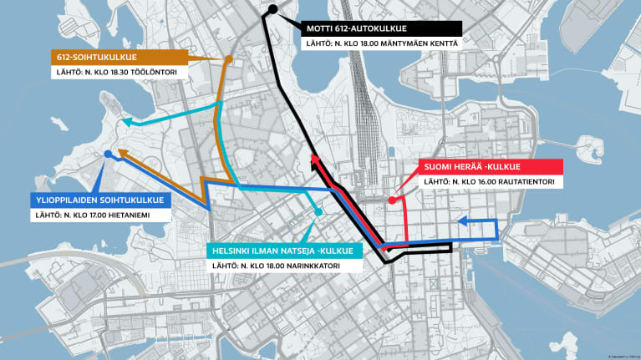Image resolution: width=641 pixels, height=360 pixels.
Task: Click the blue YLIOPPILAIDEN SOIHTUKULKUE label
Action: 99,200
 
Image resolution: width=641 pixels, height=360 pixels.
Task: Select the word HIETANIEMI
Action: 148,215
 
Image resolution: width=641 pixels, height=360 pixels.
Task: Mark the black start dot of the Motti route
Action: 273,11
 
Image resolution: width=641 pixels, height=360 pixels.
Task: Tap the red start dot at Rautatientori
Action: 392,200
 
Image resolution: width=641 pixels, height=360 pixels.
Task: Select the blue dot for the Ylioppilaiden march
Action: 108,155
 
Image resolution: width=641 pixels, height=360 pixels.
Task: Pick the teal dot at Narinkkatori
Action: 318,212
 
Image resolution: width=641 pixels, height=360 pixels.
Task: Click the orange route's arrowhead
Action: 121,153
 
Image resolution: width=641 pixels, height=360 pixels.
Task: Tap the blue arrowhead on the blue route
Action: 462,222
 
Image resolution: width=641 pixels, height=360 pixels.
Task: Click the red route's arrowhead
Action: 313,160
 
